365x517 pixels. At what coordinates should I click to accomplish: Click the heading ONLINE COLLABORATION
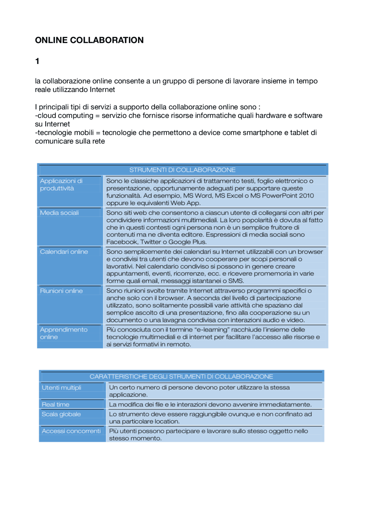pos(89,40)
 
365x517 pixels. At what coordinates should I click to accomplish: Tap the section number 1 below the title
pos(37,61)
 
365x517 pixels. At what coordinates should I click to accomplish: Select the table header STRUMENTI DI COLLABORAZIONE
pos(182,170)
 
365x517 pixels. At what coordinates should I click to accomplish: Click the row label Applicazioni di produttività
pos(61,184)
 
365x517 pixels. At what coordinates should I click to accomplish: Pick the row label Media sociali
pos(59,213)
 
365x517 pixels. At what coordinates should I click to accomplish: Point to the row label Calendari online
pos(64,252)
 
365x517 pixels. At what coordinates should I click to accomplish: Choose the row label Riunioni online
pos(61,291)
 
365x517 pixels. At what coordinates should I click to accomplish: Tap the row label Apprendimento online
pos(64,333)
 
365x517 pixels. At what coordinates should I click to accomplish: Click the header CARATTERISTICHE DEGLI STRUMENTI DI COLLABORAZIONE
pos(181,377)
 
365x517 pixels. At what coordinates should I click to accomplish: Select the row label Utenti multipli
pos(61,388)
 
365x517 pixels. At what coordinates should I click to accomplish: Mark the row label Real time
pos(55,405)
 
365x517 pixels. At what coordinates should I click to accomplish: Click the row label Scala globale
pos(61,414)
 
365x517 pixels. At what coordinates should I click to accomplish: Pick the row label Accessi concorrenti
pos(71,431)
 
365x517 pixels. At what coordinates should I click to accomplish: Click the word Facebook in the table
pos(122,242)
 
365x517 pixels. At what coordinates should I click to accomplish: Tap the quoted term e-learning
pos(212,330)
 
